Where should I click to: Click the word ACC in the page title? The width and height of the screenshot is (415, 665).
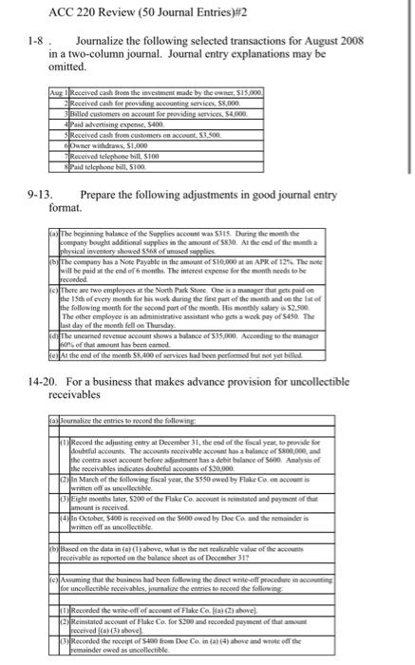tap(56, 11)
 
